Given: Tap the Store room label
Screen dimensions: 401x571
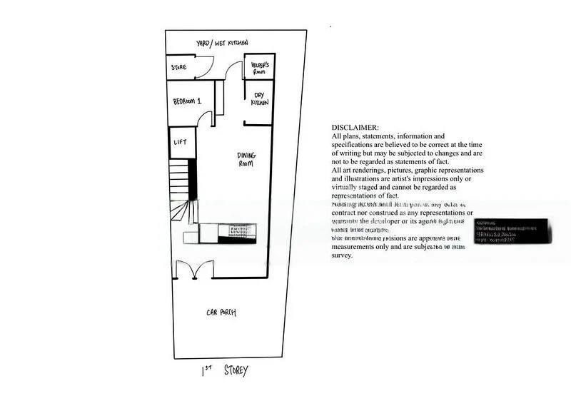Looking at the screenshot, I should click(x=178, y=68).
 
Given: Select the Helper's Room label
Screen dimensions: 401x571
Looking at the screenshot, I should click(x=259, y=68).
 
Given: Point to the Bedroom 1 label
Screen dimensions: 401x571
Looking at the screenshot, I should click(x=187, y=102).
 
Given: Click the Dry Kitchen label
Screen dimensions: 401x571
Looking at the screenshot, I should click(x=259, y=98).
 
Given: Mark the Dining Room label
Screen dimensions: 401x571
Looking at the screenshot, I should click(x=246, y=159).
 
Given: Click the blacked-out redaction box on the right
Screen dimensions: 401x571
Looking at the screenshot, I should click(x=512, y=230).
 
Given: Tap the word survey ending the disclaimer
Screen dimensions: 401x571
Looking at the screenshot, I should click(x=343, y=255).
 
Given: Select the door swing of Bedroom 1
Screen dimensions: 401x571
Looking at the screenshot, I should click(x=205, y=118).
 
